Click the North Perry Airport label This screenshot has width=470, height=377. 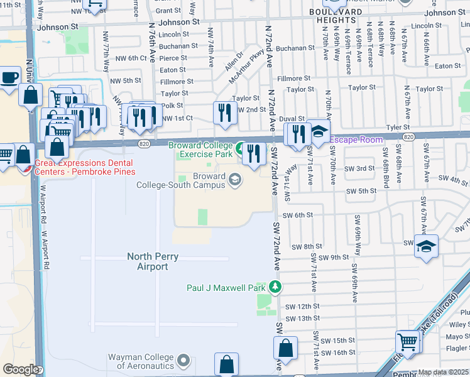pyautogui.click(x=148, y=261)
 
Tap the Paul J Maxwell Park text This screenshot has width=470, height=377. pyautogui.click(x=227, y=288)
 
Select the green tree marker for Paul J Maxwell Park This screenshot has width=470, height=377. pyautogui.click(x=275, y=287)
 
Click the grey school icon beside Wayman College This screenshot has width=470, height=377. pyautogui.click(x=183, y=361)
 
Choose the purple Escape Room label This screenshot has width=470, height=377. pyautogui.click(x=356, y=139)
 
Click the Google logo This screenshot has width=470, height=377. pyautogui.click(x=20, y=369)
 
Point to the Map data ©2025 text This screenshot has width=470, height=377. pyautogui.click(x=443, y=372)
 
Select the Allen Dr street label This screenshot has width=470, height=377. pyautogui.click(x=232, y=65)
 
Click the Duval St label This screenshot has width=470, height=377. pyautogui.click(x=292, y=118)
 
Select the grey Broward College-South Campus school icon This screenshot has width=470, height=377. pyautogui.click(x=234, y=181)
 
